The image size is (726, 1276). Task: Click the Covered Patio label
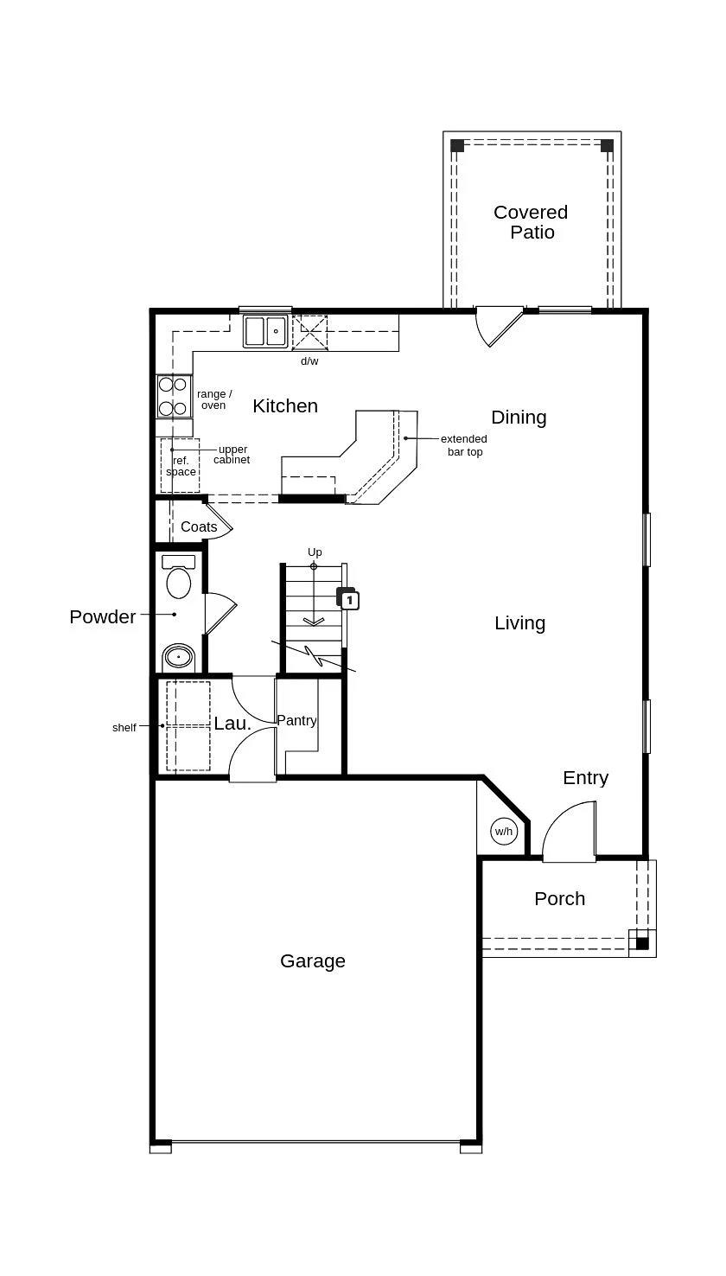pos(531,222)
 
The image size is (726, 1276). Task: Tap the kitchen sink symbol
pos(264,331)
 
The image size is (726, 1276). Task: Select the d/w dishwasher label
pos(309,361)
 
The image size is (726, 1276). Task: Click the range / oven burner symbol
pos(174,397)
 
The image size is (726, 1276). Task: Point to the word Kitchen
pos(285,406)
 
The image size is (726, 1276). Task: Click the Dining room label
pos(519,418)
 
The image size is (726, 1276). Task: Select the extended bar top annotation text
pos(464,445)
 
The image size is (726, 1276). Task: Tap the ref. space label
pos(181,466)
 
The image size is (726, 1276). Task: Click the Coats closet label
pos(199,527)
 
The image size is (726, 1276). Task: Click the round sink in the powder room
pos(179,658)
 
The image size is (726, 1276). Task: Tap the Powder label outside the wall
pos(102,617)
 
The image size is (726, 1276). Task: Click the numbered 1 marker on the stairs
pos(348,599)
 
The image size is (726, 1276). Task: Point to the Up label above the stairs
pos(315,552)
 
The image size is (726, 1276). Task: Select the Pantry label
pos(296,721)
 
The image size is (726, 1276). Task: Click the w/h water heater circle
pos(503,832)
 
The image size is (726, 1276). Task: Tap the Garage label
pos(313,961)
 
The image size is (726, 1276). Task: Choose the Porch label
pos(559,899)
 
